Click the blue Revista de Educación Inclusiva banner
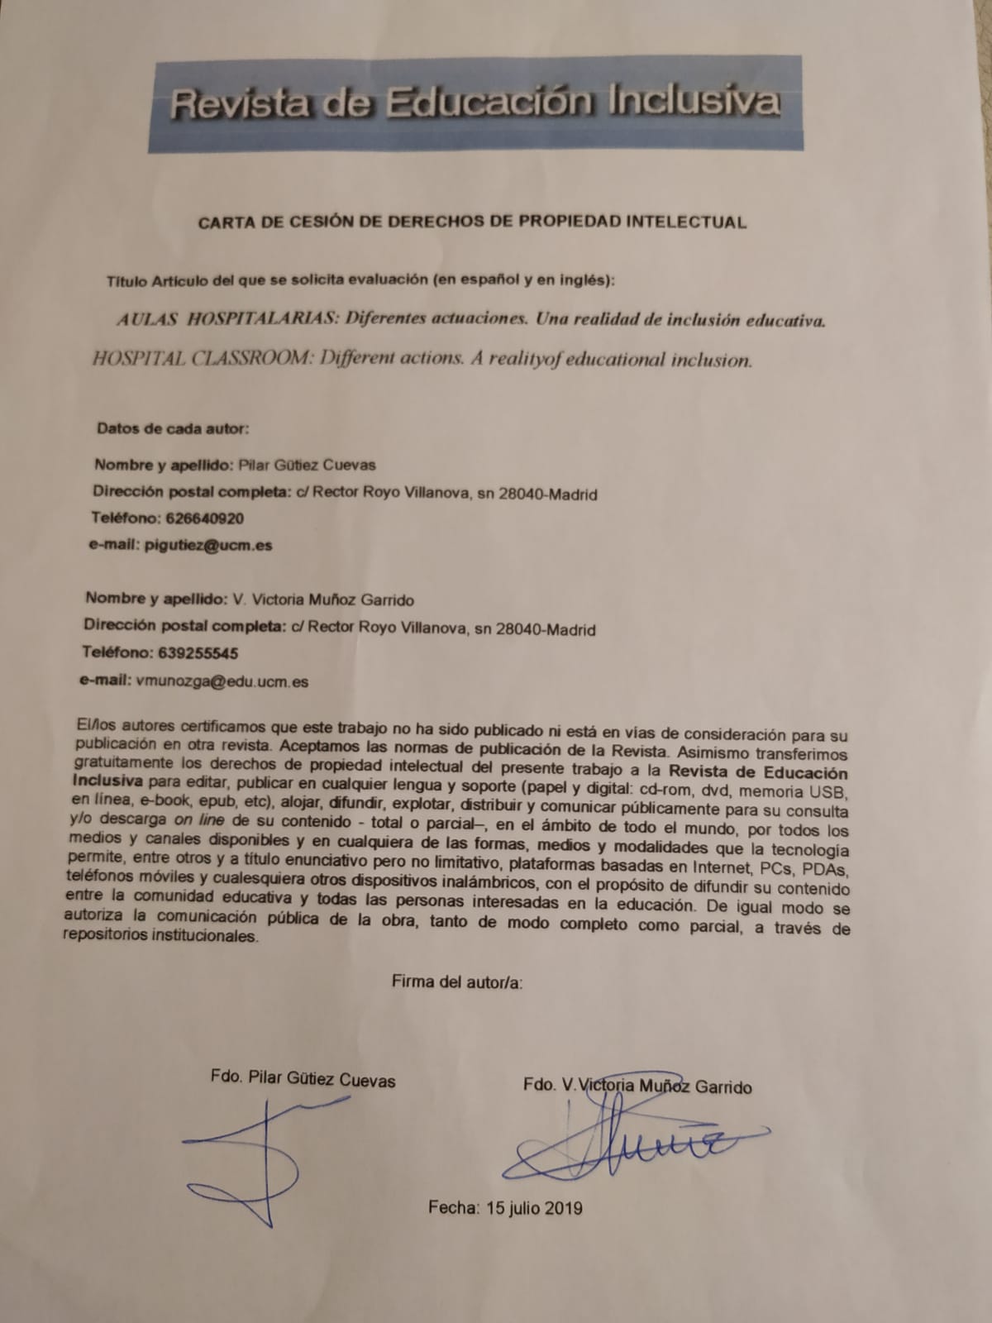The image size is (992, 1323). click(475, 103)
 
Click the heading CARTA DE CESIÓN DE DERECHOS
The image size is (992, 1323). click(472, 222)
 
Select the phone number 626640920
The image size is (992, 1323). click(204, 518)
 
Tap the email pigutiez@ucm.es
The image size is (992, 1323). click(207, 545)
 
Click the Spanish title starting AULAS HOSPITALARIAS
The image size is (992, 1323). click(471, 320)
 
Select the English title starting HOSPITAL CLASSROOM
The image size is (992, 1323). click(422, 360)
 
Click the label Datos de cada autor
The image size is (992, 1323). click(172, 428)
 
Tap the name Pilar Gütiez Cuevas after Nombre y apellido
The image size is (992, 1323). click(307, 465)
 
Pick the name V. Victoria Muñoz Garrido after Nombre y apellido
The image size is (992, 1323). click(323, 599)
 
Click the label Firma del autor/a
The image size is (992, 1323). click(457, 982)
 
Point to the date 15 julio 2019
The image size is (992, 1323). click(534, 1207)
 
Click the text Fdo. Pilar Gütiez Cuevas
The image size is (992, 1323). click(303, 1079)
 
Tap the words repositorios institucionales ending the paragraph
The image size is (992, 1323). click(160, 936)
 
